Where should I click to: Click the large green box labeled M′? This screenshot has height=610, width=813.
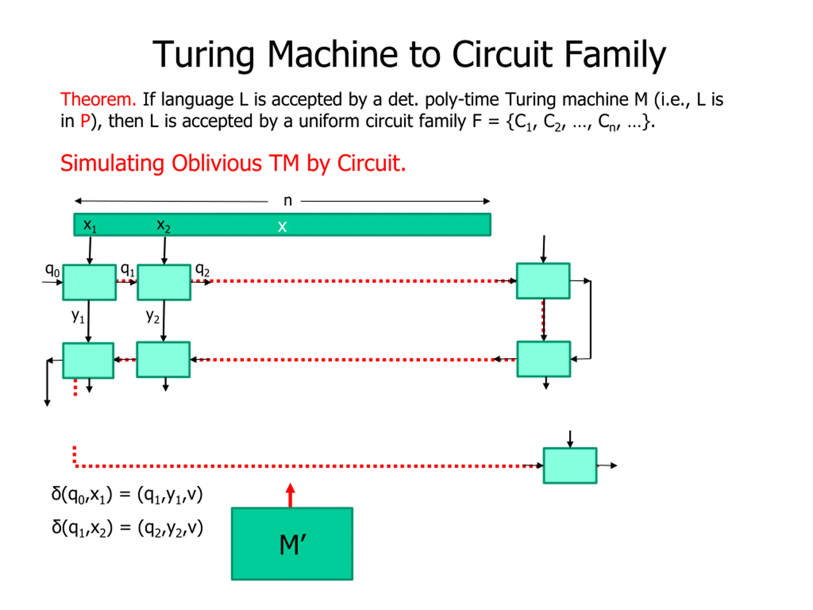tap(292, 544)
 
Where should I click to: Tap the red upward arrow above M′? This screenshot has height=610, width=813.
tap(290, 495)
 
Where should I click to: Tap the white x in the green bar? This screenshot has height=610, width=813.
tap(282, 227)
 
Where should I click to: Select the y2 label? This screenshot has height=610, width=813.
tap(152, 315)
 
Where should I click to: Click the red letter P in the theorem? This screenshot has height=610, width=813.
tap(85, 121)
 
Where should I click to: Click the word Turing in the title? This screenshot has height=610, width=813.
tap(203, 54)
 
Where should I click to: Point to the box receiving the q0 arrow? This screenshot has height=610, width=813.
tap(89, 282)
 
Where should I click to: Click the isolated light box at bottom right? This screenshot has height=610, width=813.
tap(570, 465)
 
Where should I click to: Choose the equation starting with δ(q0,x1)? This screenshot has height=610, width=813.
tap(127, 495)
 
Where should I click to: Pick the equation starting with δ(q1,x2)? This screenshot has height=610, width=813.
tap(127, 528)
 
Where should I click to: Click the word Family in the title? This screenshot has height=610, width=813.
tap(615, 54)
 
